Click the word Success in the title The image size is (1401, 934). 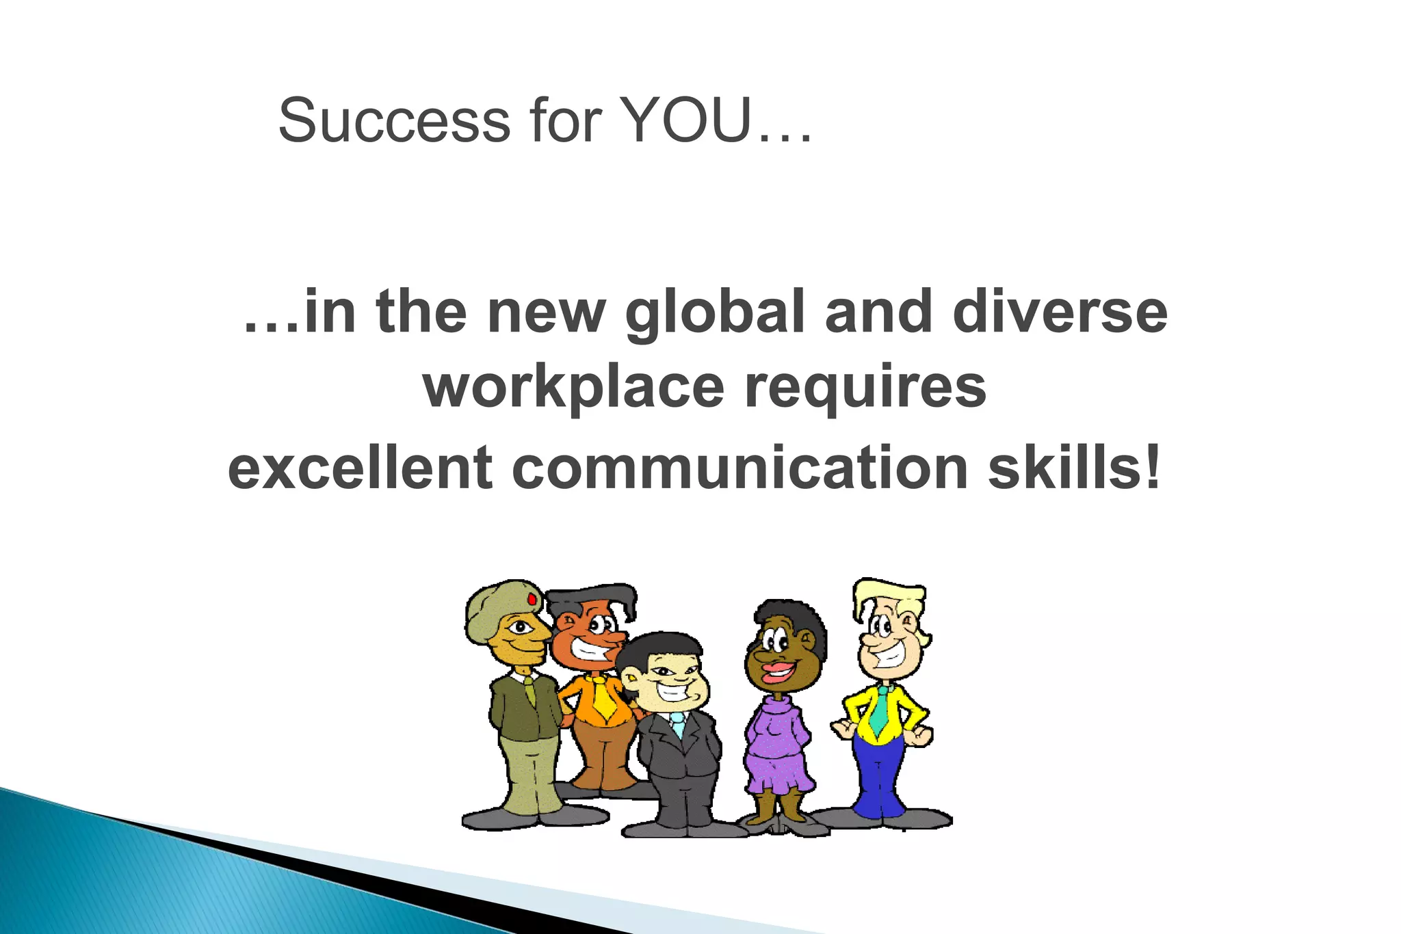[x=394, y=121]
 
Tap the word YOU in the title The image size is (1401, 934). [x=688, y=121]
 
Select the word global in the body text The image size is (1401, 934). [x=714, y=313]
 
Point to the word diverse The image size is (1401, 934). [x=1060, y=312]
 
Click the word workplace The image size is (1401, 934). [x=573, y=388]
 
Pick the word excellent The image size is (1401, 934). [x=360, y=468]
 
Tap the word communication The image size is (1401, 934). [x=739, y=468]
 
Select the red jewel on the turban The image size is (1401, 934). [x=532, y=599]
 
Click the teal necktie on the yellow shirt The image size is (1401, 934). [x=880, y=711]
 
